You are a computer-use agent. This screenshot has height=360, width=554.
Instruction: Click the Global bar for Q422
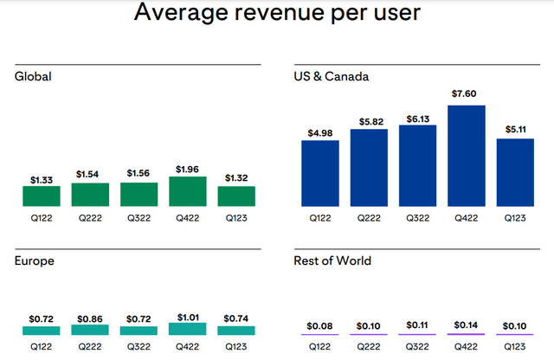[187, 190]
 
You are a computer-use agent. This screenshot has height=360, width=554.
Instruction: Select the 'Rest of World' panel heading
[333, 260]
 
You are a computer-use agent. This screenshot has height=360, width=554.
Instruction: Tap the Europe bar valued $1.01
[187, 329]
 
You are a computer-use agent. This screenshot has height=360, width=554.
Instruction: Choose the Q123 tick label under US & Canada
[515, 217]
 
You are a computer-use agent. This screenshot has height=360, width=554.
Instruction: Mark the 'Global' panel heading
[33, 76]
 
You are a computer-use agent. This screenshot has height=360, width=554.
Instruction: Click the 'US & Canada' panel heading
[332, 76]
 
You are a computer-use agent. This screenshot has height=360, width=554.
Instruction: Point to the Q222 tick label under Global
[89, 217]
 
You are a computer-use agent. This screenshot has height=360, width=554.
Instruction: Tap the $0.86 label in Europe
[89, 318]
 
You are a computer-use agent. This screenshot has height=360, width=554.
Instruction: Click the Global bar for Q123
[236, 196]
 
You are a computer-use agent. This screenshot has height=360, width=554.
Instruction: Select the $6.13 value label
[417, 118]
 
